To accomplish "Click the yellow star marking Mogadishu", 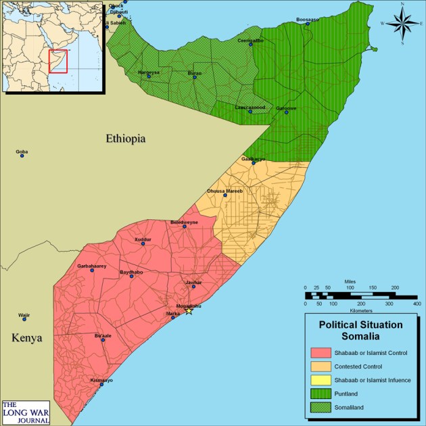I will tap(189, 310).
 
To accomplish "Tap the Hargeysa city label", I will tap(149, 72).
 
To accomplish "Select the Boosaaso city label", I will tap(307, 20).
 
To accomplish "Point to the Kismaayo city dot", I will tap(101, 384).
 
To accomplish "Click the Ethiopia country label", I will tap(125, 139).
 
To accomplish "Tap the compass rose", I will tap(402, 24).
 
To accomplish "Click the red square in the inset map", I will tap(59, 61).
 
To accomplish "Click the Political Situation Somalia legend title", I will tap(360, 330).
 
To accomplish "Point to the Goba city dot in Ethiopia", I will tap(22, 156).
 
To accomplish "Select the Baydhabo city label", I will tap(131, 272).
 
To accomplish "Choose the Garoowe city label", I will tap(287, 108).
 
